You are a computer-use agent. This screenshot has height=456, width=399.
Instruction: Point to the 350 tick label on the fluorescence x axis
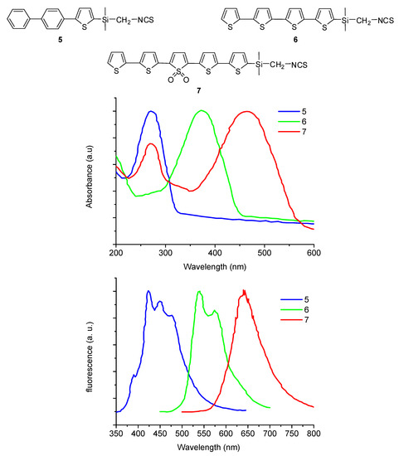tap(116, 433)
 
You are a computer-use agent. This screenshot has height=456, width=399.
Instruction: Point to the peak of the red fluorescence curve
tap(244, 291)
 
